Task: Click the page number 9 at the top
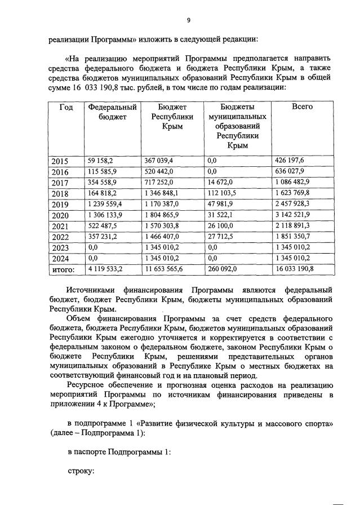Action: [189, 20]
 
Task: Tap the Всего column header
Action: [302, 107]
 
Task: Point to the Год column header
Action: [66, 107]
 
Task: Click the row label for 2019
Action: [60, 204]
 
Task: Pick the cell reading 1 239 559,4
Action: [105, 204]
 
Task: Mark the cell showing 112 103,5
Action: [221, 193]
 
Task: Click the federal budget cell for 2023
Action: [92, 247]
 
